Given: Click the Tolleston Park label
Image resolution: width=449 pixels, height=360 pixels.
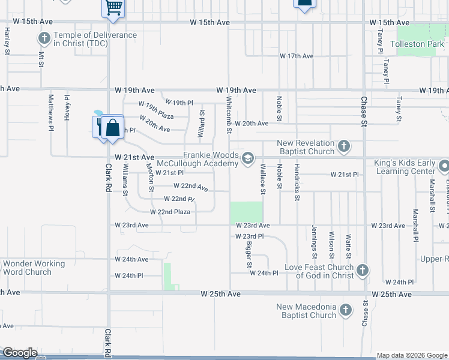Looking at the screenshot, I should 418,44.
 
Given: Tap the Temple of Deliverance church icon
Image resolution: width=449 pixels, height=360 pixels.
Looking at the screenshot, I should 44,39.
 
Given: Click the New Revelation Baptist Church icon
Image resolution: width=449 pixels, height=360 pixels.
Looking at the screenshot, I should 343,146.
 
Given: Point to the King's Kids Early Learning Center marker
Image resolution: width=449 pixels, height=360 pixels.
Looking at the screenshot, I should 444,166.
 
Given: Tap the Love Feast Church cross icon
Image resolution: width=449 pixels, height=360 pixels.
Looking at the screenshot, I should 362,271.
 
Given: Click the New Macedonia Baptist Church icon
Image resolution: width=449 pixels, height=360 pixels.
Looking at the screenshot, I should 345,310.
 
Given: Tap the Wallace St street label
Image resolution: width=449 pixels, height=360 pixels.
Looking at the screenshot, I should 262,180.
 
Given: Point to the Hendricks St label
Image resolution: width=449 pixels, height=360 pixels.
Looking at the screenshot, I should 297,181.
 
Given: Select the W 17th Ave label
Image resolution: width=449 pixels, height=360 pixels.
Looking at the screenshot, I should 297,56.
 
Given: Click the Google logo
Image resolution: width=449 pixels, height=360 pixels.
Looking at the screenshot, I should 19,353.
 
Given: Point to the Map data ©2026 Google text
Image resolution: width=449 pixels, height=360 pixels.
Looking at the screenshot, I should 411,355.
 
